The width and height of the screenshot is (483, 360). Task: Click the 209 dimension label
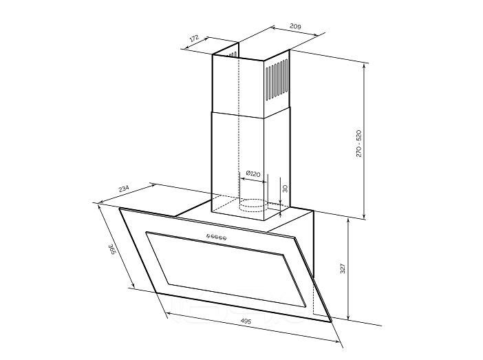pyautogui.click(x=294, y=26)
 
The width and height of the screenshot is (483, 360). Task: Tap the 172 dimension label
pyautogui.click(x=195, y=39)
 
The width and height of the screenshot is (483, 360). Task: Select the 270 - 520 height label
pyautogui.click(x=359, y=144)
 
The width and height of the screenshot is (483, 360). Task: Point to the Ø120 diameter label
pyautogui.click(x=253, y=174)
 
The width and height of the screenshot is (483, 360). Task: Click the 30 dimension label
pyautogui.click(x=285, y=189)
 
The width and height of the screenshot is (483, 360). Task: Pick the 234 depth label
pyautogui.click(x=124, y=189)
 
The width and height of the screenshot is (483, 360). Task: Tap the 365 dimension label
pyautogui.click(x=111, y=249)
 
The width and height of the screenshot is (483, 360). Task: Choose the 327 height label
pyautogui.click(x=343, y=268)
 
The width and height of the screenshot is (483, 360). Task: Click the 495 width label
pyautogui.click(x=246, y=321)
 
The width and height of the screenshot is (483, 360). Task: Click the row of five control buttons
pyautogui.click(x=217, y=237)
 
